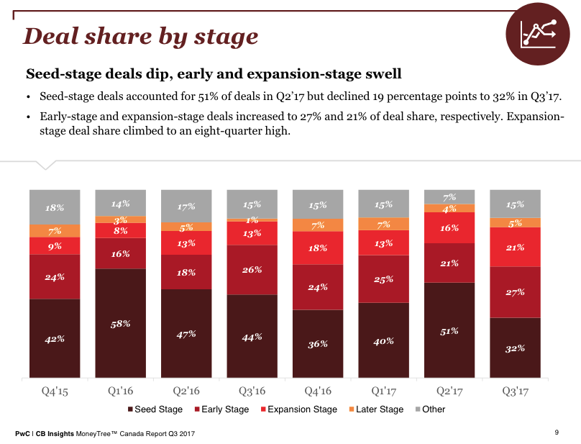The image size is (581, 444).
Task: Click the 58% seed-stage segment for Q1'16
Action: [x=120, y=323]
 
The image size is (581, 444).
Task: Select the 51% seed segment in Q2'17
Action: [x=449, y=330]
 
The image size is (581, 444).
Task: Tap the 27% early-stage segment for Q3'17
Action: [x=515, y=292]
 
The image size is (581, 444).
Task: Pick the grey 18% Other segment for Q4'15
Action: [x=55, y=207]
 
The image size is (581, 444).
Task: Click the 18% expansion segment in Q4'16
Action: [x=318, y=248]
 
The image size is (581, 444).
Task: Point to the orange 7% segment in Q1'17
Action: [x=383, y=224]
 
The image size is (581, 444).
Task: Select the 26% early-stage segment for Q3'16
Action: [x=252, y=270]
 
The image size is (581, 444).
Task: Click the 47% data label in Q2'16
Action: [x=186, y=334]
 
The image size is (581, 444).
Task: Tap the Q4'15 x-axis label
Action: [x=55, y=391]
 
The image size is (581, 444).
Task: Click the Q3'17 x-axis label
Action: [x=515, y=391]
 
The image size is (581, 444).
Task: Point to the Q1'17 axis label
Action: [x=383, y=391]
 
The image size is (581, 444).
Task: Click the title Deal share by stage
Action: [x=141, y=36]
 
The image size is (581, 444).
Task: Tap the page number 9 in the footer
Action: [x=557, y=432]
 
